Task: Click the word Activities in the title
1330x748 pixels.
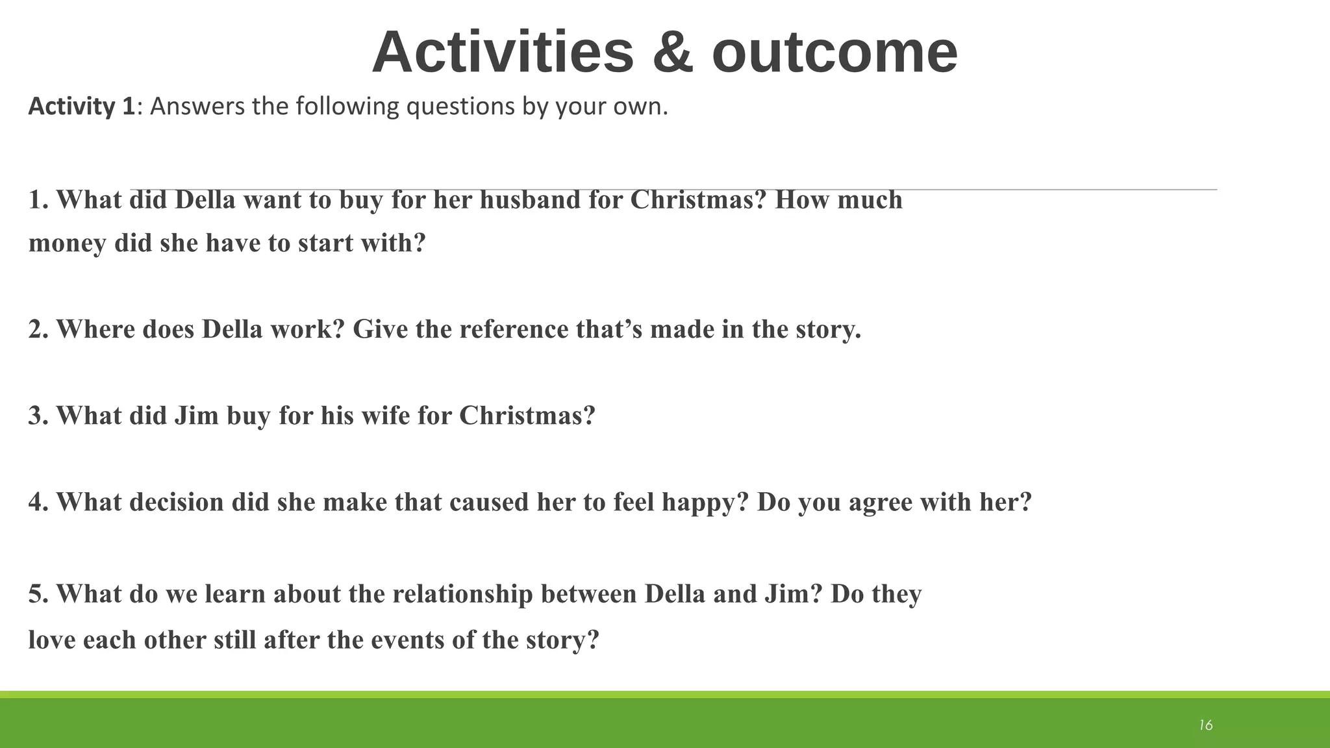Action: coord(503,53)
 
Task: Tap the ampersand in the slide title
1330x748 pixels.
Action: coord(673,53)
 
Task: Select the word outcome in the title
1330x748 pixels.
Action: coord(834,53)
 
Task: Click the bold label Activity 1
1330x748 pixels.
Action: coord(81,106)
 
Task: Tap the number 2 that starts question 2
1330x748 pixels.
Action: coord(35,330)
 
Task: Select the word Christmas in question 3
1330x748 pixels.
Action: coord(527,416)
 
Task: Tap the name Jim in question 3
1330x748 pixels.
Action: coord(196,416)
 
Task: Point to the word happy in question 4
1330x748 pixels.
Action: coord(705,503)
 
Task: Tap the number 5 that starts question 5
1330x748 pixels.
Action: coord(35,595)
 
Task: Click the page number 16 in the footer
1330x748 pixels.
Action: coord(1205,725)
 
